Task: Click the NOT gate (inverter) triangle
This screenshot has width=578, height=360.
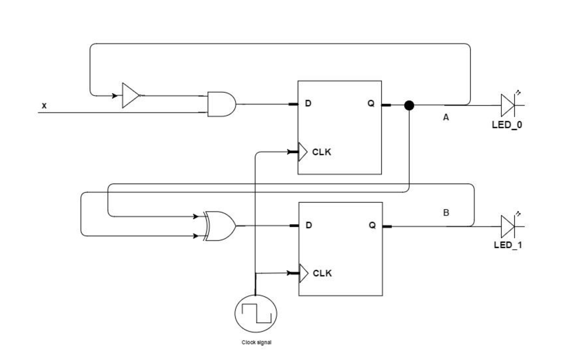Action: pos(130,96)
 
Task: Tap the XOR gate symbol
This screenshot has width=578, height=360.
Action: pos(220,226)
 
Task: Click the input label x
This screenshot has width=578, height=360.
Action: pos(44,106)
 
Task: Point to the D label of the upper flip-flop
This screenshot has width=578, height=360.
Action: pos(308,103)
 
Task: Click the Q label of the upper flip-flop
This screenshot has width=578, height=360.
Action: pos(371,103)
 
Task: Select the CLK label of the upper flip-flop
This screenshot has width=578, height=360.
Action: pos(321,152)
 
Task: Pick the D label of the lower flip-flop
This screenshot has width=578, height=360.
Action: pos(308,225)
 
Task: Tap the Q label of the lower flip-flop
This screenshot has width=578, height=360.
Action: pos(372,225)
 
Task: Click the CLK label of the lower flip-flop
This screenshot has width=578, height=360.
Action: pos(322,273)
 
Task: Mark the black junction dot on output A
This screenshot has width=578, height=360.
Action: pos(409,106)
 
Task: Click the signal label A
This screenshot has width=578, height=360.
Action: pos(446,117)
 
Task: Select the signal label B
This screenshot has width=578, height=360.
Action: pos(446,213)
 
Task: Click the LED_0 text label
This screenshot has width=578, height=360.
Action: pos(506,125)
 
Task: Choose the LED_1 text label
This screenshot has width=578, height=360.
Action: pos(508,245)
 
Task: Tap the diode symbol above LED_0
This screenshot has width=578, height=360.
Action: pos(508,105)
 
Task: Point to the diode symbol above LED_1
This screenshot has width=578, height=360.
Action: pos(508,226)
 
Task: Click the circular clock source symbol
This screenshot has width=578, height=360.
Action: pos(256,313)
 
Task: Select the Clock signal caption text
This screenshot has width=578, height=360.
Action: pos(256,342)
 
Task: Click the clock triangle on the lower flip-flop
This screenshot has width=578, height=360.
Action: pos(303,273)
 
